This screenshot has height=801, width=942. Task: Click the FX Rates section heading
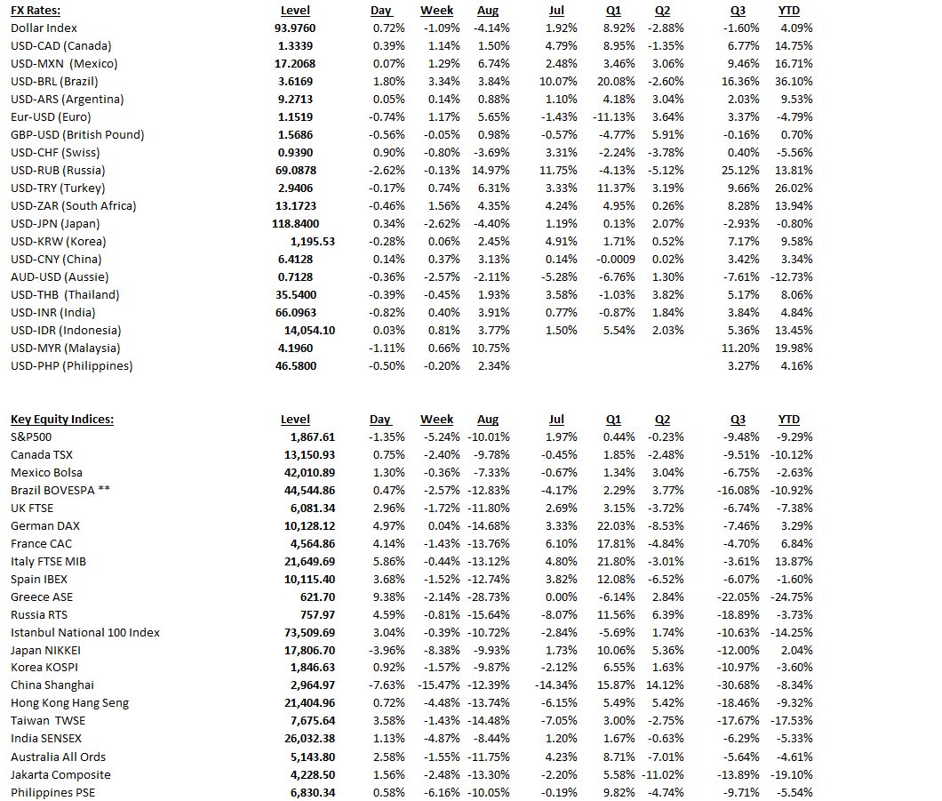(36, 11)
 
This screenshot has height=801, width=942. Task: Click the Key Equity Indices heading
(62, 420)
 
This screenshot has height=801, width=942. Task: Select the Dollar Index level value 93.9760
(295, 28)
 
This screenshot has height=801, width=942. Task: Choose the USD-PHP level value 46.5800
(295, 366)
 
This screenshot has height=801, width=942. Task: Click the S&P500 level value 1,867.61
(312, 437)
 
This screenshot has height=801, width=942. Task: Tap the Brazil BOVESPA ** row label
(60, 491)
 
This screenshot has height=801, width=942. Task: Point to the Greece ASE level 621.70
(318, 597)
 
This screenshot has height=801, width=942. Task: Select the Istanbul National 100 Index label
(85, 633)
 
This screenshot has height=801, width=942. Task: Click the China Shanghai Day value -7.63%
(387, 685)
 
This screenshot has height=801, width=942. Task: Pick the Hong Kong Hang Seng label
(69, 703)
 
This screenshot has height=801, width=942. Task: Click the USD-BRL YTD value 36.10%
(794, 82)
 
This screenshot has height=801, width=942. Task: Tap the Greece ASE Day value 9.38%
(388, 597)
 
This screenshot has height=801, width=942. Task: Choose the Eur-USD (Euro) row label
(51, 117)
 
